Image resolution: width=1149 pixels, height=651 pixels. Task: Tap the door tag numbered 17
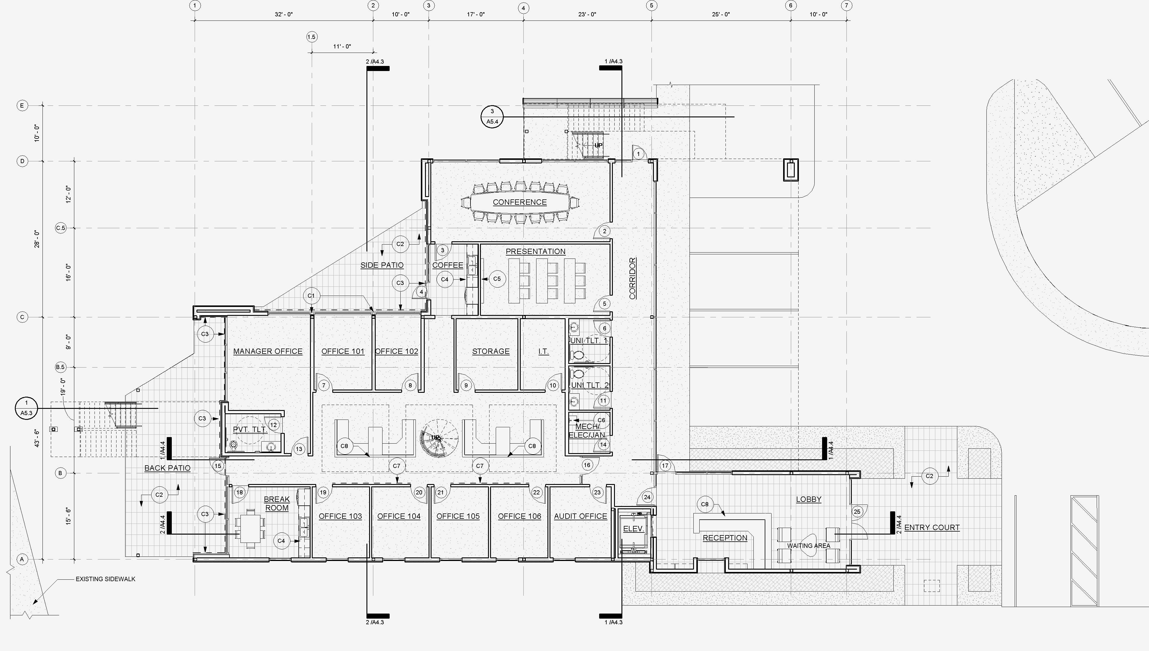tap(665, 466)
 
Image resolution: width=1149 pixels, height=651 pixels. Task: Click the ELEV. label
tap(633, 529)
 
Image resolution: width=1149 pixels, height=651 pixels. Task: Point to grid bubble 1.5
tap(312, 37)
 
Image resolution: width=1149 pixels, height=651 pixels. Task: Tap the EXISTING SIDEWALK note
tap(105, 579)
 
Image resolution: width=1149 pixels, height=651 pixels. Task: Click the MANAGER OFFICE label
tap(267, 351)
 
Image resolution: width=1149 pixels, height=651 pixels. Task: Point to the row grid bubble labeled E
tap(22, 105)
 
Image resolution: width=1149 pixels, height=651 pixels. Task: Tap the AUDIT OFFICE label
tap(580, 516)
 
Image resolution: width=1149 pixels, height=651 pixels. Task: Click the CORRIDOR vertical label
tap(632, 278)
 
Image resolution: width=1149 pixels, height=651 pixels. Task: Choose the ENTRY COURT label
tap(932, 528)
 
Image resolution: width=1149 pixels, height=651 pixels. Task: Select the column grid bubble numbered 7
tap(846, 5)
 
